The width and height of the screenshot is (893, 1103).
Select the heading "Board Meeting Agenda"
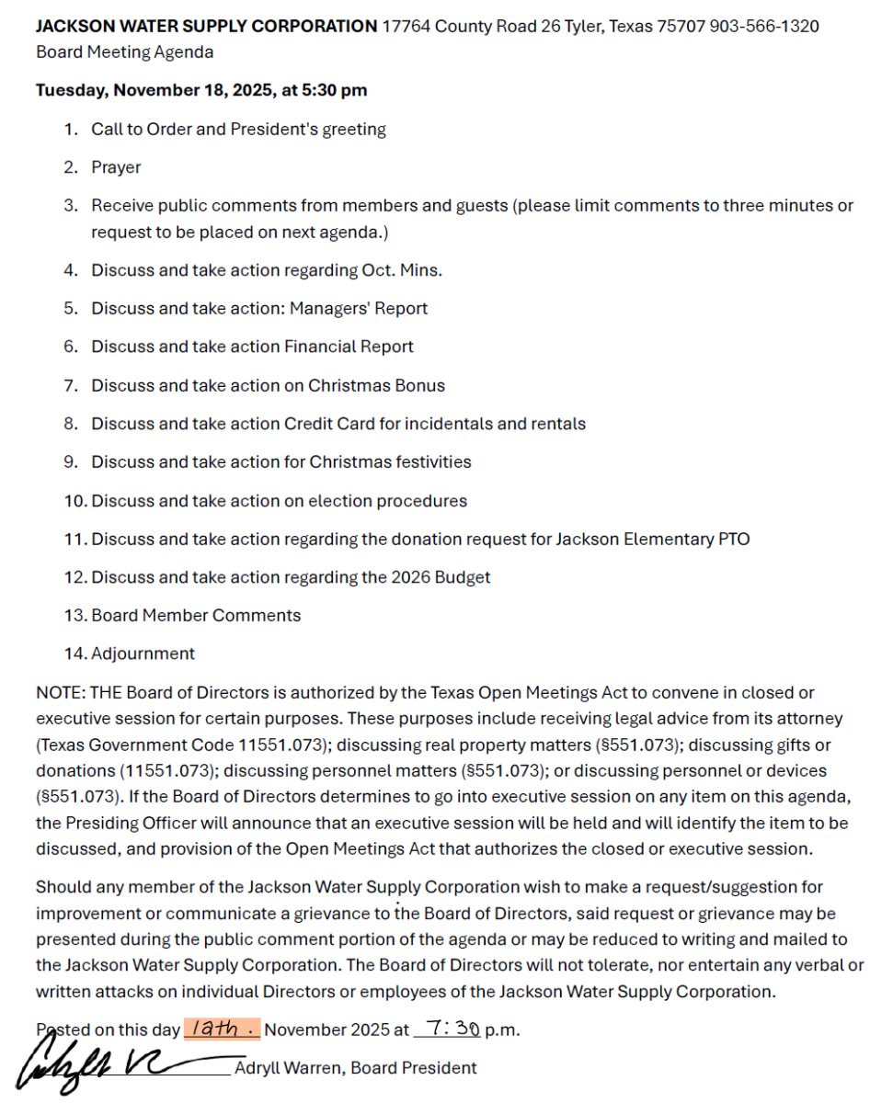coord(124,52)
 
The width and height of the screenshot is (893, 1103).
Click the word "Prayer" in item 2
coord(116,168)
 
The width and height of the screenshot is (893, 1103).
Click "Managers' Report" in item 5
coord(359,309)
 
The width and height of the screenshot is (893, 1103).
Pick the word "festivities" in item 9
coord(426,462)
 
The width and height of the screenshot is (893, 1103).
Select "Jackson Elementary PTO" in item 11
coord(652,540)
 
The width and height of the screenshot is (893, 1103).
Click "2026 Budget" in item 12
coord(444,578)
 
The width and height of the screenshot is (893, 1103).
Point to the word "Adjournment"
coord(143,654)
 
